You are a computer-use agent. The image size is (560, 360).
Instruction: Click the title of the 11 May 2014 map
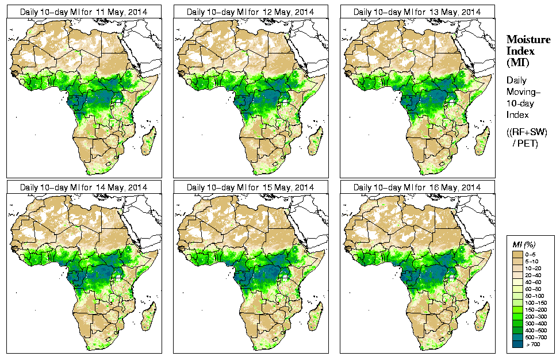[x=83, y=12]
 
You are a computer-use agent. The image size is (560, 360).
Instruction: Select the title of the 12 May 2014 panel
[x=250, y=12]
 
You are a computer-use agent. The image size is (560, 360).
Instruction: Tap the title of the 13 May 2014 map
[x=417, y=12]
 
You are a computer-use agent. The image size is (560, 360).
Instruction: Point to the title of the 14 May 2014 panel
[x=83, y=187]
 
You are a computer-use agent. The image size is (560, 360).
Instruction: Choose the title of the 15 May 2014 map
[x=250, y=187]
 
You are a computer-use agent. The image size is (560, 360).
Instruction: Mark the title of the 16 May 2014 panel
[x=417, y=187]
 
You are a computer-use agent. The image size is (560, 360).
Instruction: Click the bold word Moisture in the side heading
[x=528, y=39]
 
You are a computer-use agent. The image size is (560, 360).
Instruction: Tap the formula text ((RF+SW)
[x=527, y=132]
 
